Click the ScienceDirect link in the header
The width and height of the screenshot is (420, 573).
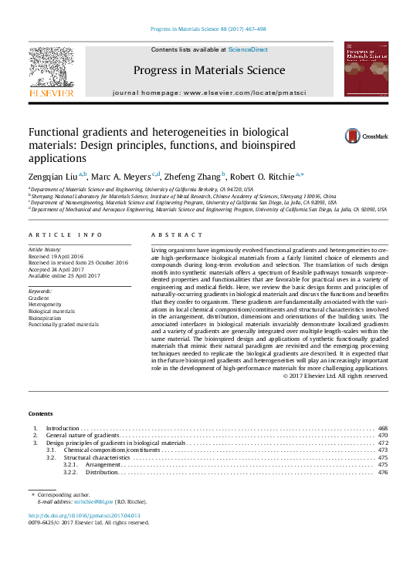pyautogui.click(x=248, y=49)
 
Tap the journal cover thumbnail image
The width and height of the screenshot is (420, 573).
pyautogui.click(x=366, y=69)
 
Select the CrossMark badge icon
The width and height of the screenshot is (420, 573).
pyautogui.click(x=344, y=137)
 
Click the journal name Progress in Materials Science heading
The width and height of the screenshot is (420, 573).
pyautogui.click(x=208, y=71)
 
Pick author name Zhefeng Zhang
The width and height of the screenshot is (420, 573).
pyautogui.click(x=192, y=176)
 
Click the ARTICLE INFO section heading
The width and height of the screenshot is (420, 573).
pyautogui.click(x=65, y=234)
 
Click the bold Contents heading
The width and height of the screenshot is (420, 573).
pyautogui.click(x=41, y=413)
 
